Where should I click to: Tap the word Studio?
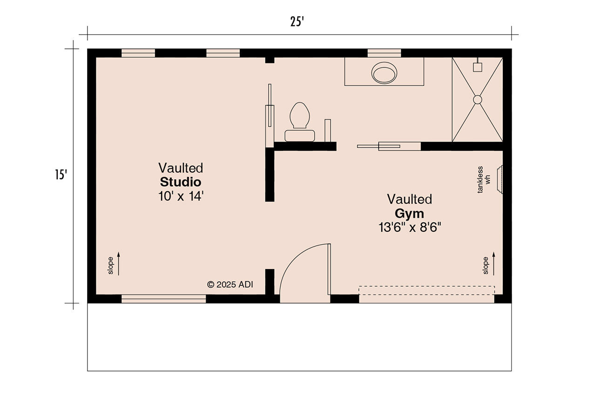click(x=181, y=182)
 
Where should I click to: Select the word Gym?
click(x=409, y=214)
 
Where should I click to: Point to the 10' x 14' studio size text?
click(x=181, y=196)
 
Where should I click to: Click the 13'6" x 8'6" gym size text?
click(x=409, y=228)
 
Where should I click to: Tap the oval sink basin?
click(x=384, y=73)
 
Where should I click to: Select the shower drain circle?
click(x=477, y=100)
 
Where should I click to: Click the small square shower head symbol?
click(x=477, y=67)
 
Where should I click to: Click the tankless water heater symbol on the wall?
click(x=500, y=179)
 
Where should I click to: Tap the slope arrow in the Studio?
click(x=119, y=263)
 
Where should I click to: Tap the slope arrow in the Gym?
click(x=494, y=263)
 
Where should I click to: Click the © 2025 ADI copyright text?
click(x=230, y=284)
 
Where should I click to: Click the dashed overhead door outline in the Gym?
click(x=427, y=290)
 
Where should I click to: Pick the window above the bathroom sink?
click(x=384, y=53)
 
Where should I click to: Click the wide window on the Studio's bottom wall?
click(x=163, y=299)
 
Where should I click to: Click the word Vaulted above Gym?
click(x=409, y=199)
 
